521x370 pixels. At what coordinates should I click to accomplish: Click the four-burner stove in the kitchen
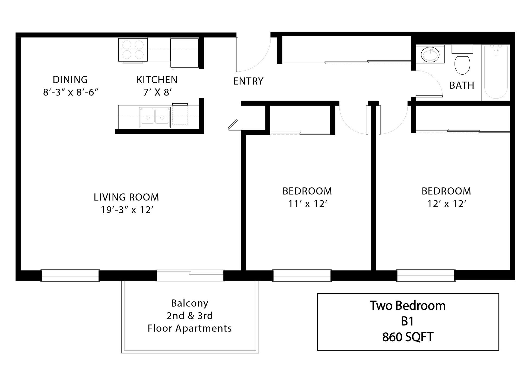[x=133, y=50]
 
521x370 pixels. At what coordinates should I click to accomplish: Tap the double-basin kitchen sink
[x=155, y=117]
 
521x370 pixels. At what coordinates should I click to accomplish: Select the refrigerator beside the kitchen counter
[x=185, y=53]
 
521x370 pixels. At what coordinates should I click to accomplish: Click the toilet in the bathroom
[x=462, y=65]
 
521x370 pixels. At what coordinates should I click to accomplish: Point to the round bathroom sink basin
[x=430, y=55]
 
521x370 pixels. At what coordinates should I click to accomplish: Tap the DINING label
[x=70, y=80]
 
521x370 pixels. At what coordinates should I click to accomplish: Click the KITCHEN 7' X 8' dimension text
[x=157, y=92]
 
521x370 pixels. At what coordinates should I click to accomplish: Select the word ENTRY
[x=248, y=81]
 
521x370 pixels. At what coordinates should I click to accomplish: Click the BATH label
[x=462, y=85]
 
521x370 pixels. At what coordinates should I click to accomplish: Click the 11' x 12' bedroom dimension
[x=307, y=204]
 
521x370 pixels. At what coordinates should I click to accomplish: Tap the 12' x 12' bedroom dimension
[x=447, y=204]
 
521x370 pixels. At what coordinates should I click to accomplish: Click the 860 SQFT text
[x=408, y=337]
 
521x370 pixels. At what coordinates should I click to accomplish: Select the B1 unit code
[x=408, y=321]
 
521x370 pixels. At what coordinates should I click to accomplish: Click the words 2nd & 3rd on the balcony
[x=190, y=316]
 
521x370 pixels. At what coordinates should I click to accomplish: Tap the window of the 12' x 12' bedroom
[x=425, y=275]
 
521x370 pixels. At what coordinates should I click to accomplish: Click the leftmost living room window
[x=70, y=275]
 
